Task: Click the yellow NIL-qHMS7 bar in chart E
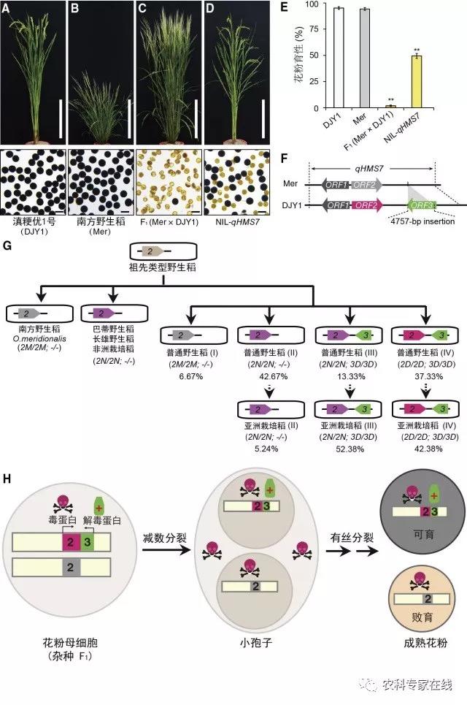417,82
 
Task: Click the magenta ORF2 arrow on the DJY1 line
370,207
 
